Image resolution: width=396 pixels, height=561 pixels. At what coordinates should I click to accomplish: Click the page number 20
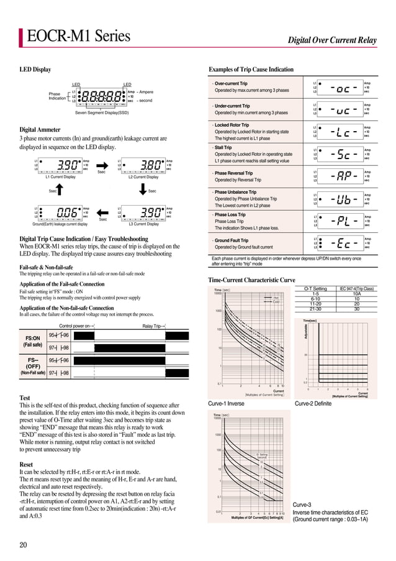(x=23, y=545)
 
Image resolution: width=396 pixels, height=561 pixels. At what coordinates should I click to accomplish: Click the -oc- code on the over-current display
(x=343, y=88)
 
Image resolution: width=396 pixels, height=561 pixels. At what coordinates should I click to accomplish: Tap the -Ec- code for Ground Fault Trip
(x=343, y=244)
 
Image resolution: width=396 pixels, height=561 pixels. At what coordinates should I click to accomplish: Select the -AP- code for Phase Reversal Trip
(x=343, y=176)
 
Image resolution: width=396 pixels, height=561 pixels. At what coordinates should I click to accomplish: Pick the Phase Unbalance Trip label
(x=235, y=193)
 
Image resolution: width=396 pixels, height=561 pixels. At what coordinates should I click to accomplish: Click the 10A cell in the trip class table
(x=356, y=294)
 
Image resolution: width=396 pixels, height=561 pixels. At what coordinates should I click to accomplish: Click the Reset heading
(x=26, y=464)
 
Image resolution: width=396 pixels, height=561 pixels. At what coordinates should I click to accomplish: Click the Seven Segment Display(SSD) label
(x=102, y=113)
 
